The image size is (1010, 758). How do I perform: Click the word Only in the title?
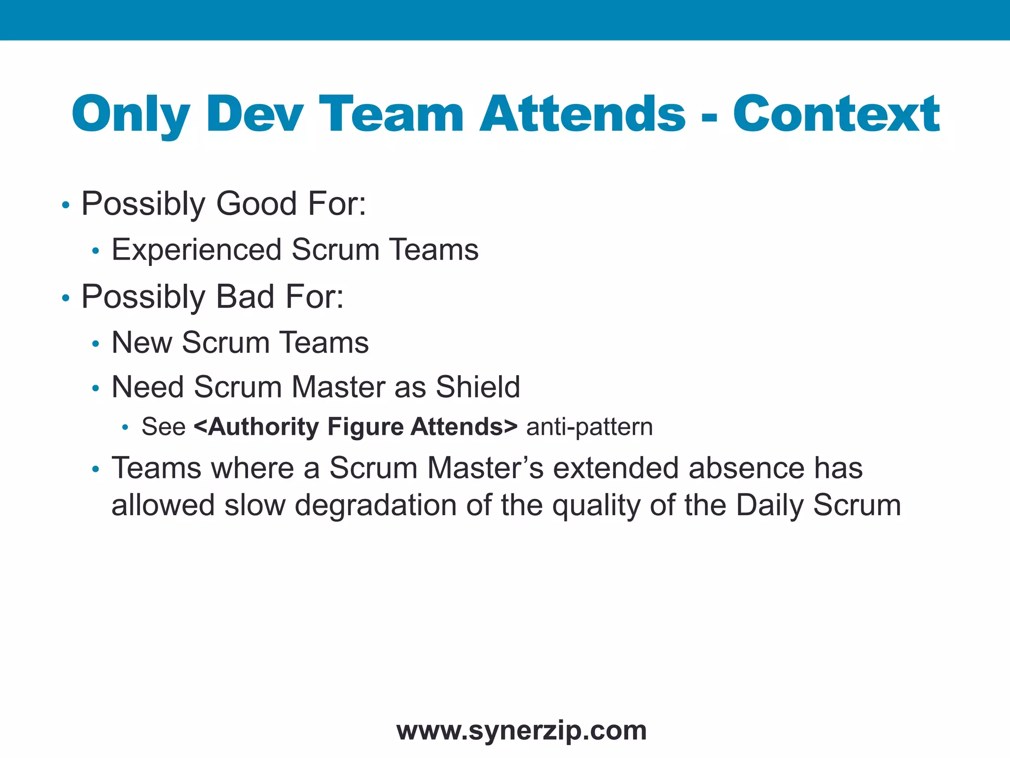131,115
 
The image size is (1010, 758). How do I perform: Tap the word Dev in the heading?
255,115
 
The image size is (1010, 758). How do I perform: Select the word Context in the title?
836,115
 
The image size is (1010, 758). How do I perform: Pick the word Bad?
245,297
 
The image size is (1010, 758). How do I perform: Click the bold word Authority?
256,427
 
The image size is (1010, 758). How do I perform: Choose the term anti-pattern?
589,427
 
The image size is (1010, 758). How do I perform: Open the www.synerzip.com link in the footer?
521,730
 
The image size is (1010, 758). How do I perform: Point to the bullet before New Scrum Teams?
96,344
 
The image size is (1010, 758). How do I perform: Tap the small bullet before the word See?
125,428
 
